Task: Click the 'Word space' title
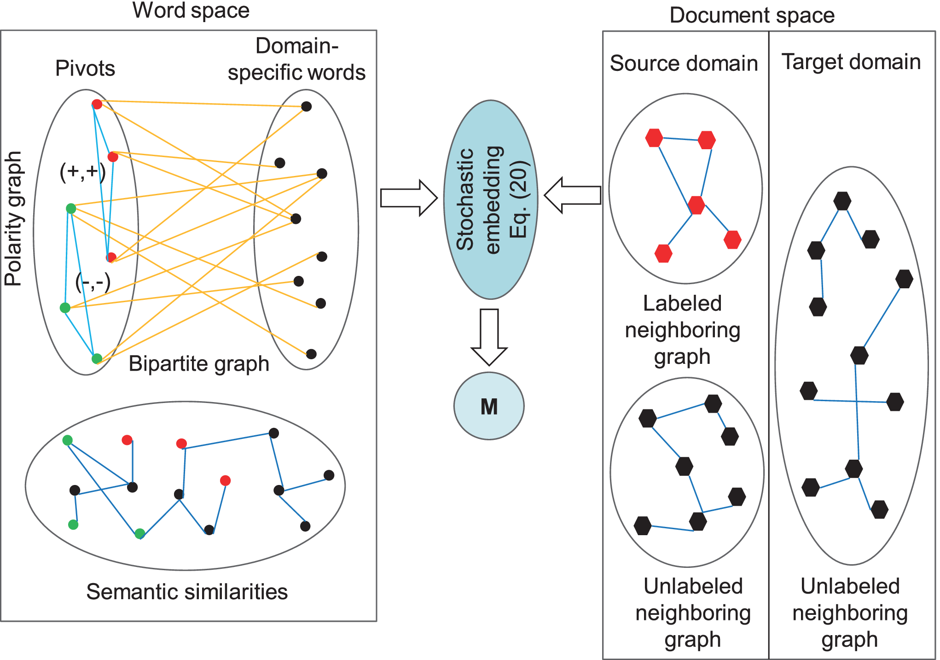pos(191,10)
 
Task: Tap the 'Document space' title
pos(752,15)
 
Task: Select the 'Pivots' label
pos(85,68)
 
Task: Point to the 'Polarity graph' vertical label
pos(13,219)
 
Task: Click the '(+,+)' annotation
pos(83,172)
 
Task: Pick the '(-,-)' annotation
pos(93,282)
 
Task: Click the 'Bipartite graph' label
pos(199,363)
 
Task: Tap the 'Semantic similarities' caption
pos(187,592)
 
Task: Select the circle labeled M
pos(489,406)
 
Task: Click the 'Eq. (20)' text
pos(519,199)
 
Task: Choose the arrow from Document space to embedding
pos(573,195)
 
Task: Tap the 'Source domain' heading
pos(684,63)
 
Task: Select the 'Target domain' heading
pos(851,62)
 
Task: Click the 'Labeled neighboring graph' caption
pos(683,330)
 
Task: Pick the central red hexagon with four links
pos(696,205)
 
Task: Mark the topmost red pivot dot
pos(97,104)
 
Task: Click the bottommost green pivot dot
pos(97,358)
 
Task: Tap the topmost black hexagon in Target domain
pos(842,201)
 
